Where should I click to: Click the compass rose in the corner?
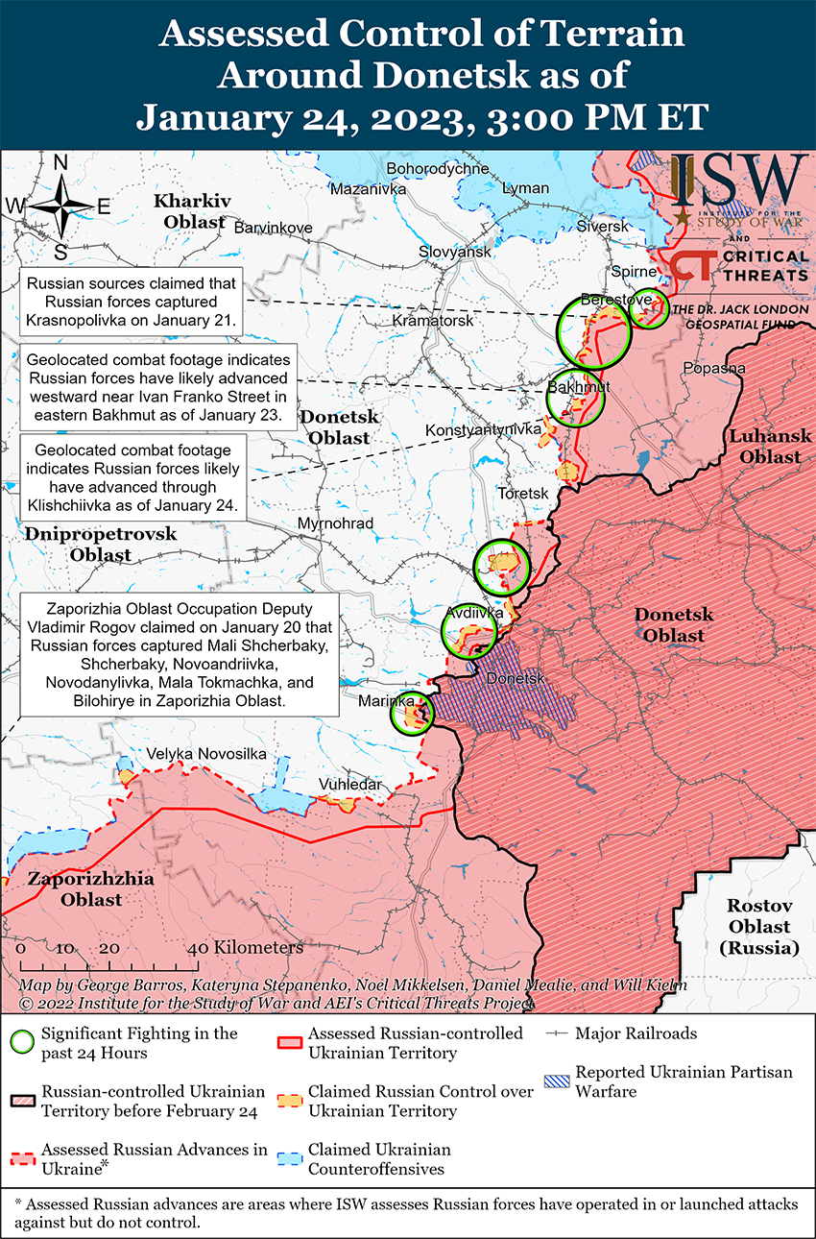60,205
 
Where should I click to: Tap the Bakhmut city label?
579,386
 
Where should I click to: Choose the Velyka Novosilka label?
205,754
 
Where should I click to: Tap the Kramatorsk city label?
433,320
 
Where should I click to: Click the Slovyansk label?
454,252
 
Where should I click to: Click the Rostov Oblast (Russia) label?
758,926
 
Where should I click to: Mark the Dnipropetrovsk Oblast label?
101,544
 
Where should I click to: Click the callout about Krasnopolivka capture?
131,302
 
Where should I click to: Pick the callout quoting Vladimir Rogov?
178,655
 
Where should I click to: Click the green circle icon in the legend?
23,1042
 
